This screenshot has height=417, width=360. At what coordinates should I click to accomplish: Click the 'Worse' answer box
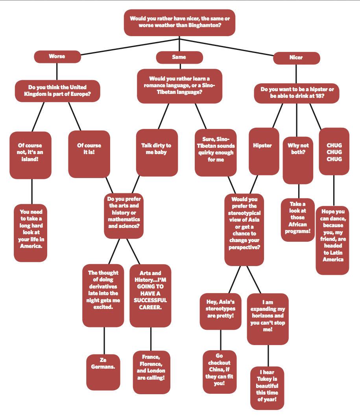pos(57,57)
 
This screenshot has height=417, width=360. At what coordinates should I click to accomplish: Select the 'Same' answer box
pos(179,57)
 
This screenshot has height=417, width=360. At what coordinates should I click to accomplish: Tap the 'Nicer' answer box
pos(296,58)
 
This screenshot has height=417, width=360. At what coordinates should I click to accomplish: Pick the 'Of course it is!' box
pos(89,154)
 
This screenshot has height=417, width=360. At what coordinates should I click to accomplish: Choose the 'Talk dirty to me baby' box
pos(156,152)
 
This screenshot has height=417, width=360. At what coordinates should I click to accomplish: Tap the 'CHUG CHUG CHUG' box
pos(334,152)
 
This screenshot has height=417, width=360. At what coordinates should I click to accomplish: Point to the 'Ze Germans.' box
pos(103,372)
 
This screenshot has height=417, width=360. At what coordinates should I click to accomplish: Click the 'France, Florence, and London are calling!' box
pos(151,372)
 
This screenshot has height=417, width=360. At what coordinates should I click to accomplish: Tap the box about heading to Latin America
pos(333,240)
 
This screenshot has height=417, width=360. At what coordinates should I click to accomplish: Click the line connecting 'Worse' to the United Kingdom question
pos(57,71)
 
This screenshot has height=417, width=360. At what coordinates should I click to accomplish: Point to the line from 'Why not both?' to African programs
pos(298,191)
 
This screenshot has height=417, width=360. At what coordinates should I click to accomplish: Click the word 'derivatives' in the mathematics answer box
pos(103,287)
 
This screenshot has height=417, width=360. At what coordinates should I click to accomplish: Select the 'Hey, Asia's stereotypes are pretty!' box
pos(220,311)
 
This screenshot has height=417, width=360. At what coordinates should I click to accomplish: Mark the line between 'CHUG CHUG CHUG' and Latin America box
pos(334,191)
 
